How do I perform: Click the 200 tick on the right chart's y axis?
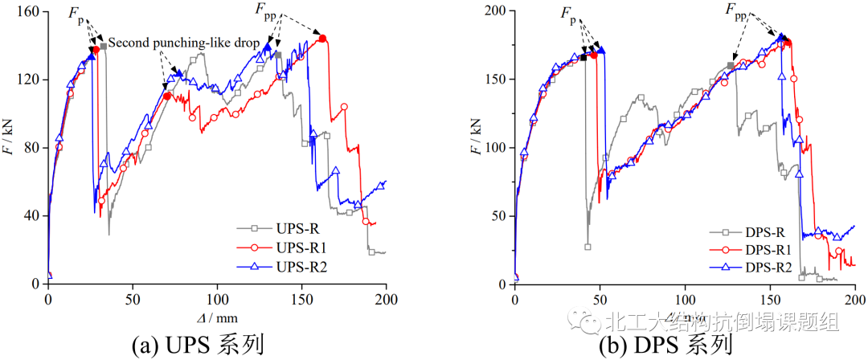497,11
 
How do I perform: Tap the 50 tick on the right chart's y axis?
501,216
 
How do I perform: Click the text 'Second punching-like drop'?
185,41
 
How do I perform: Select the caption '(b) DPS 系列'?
665,345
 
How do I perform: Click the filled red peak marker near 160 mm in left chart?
322,39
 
